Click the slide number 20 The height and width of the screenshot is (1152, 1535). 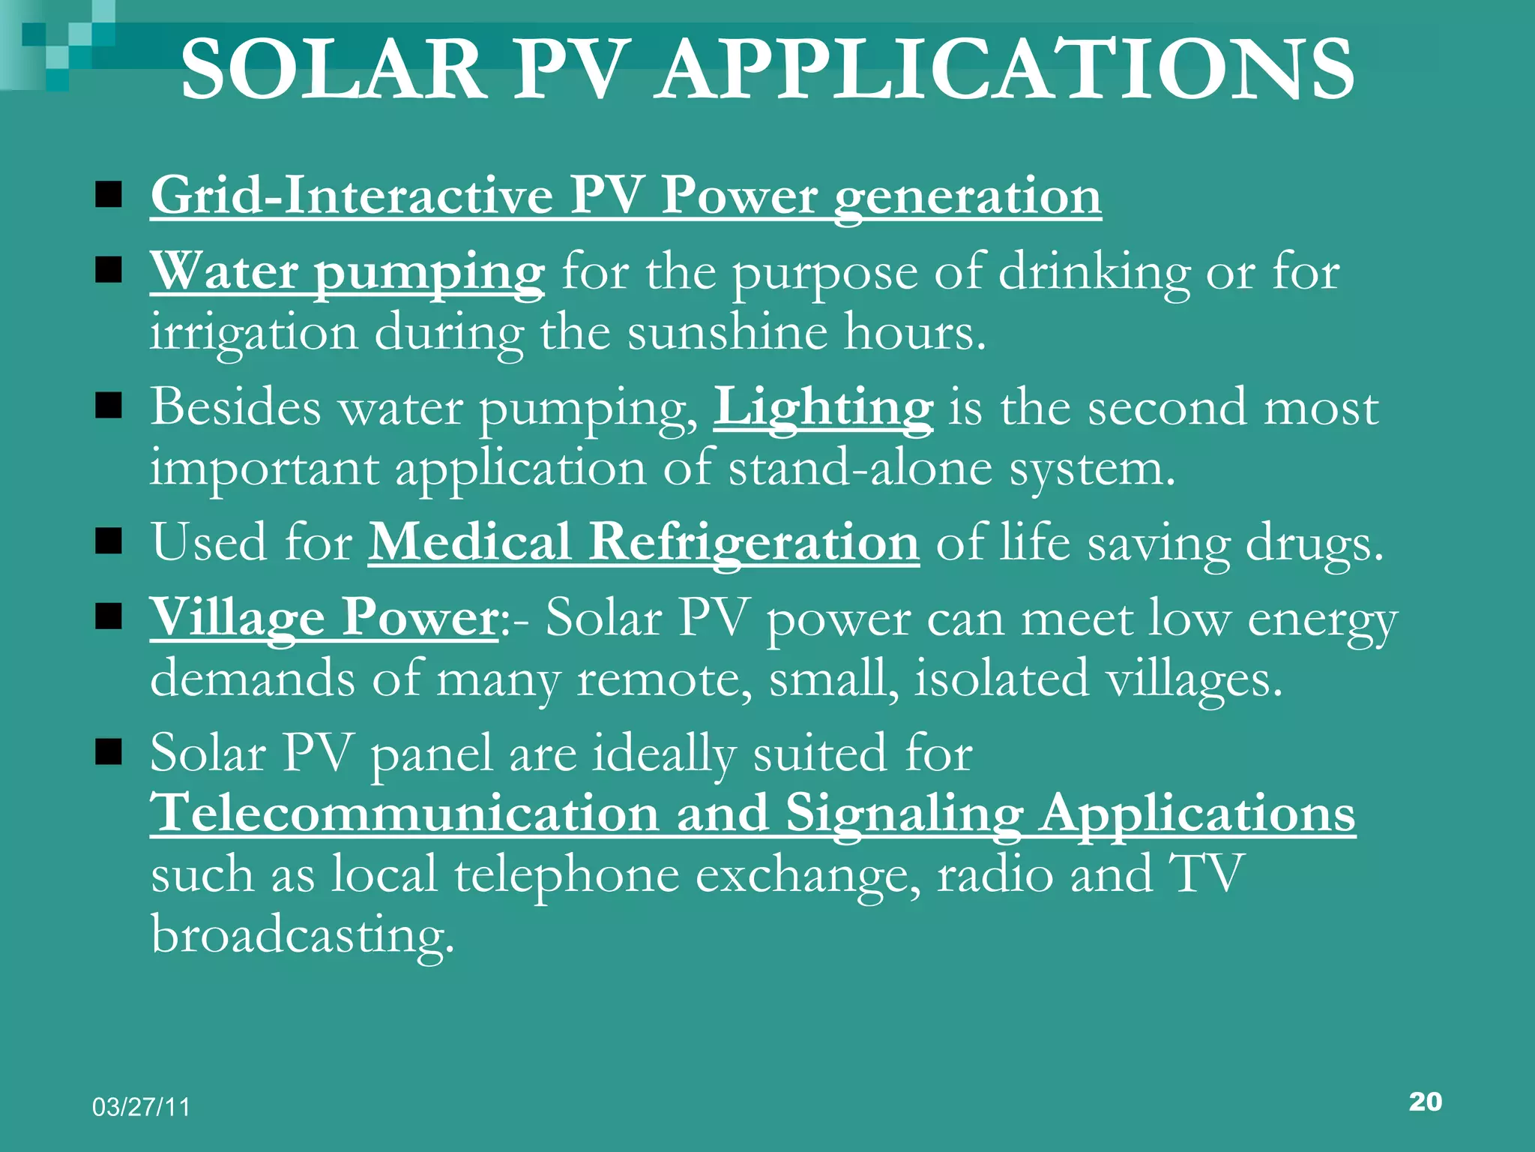(1425, 1101)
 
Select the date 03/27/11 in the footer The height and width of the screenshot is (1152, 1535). (142, 1107)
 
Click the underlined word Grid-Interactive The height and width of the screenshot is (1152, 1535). (352, 196)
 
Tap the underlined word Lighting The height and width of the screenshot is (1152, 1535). (823, 409)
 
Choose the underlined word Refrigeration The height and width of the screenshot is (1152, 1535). (753, 542)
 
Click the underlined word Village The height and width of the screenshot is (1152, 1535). (238, 619)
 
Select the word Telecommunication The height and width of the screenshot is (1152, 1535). (405, 813)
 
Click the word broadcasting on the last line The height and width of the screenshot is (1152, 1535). (303, 935)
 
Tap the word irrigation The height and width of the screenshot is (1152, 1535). (254, 334)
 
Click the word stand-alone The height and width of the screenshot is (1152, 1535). (860, 469)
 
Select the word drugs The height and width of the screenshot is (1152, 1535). (1313, 544)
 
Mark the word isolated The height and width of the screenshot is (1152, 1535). (1001, 678)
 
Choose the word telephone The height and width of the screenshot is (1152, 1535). (567, 875)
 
